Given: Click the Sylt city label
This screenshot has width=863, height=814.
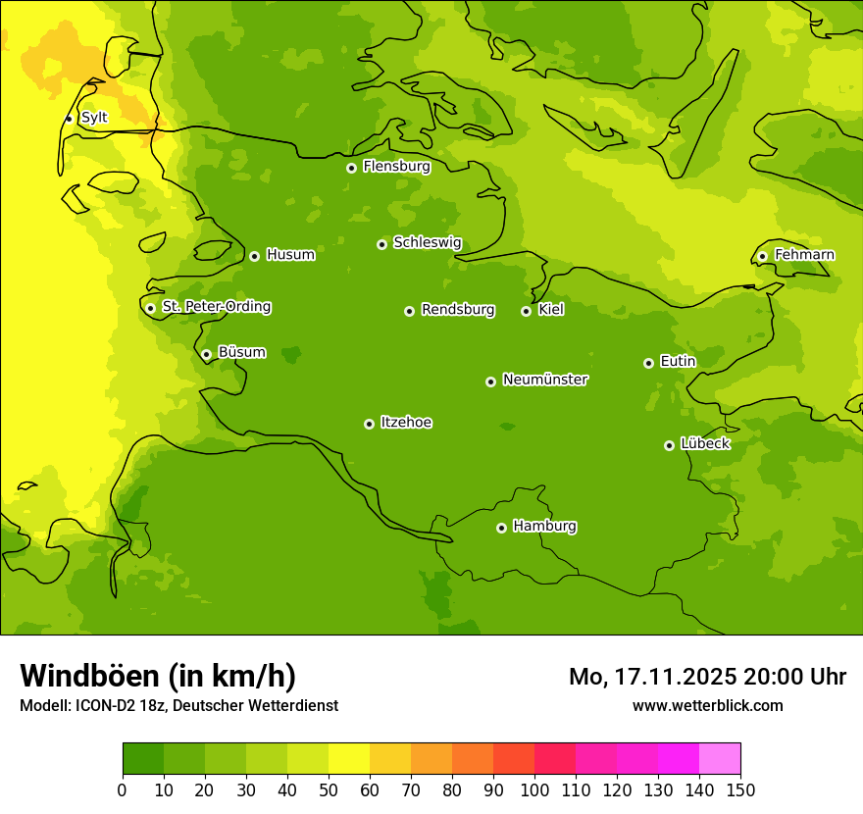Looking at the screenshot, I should point(94,118).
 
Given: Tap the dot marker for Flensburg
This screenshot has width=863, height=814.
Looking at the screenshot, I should point(351,168).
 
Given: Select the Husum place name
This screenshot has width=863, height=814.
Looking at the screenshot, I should point(290,255).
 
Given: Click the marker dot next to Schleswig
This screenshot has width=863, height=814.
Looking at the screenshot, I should point(381,244).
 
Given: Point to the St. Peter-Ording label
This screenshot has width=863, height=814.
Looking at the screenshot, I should point(216,307).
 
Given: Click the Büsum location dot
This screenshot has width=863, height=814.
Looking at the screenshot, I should point(206,354).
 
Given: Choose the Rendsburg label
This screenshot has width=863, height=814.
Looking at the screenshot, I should point(458,310).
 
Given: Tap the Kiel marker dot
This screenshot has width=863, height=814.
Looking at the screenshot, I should point(526,311).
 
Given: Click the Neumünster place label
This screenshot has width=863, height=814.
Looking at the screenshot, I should point(545,380).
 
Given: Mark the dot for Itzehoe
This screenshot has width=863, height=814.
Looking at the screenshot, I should point(369,424).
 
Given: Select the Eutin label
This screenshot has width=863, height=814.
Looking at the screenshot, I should point(678,362).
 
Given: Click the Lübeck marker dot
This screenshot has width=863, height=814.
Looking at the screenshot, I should point(669,445).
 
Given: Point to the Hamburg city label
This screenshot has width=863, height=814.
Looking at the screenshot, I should point(544,527).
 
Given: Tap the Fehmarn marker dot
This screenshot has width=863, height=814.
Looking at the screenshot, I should point(762,256).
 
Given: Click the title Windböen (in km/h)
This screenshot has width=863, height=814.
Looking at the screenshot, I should point(158,676).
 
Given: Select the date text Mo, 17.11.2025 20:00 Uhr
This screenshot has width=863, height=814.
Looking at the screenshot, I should point(707,677).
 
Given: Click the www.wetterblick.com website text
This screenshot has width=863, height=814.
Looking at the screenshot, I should point(707,705).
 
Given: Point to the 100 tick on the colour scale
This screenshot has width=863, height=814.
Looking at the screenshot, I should point(534,789).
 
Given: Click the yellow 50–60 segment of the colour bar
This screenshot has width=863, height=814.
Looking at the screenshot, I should point(349,759).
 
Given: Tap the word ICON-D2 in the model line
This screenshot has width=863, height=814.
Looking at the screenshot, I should point(103,705).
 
